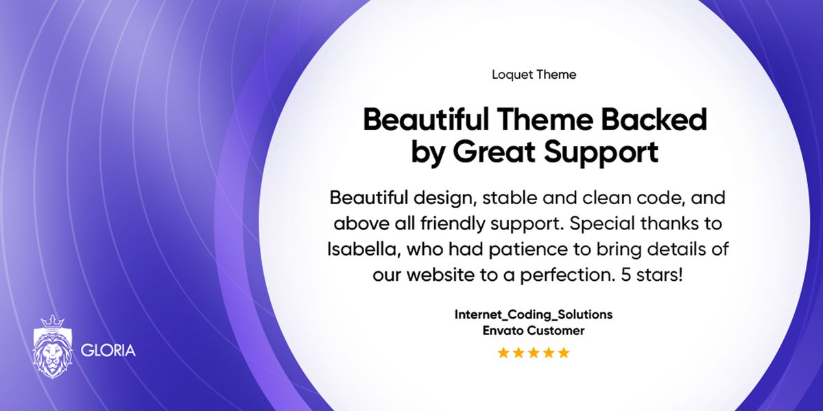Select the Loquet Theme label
tap(534, 75)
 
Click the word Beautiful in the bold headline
tap(422, 121)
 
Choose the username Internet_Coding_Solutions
tap(534, 315)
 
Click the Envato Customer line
tap(534, 331)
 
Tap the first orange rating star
tap(503, 353)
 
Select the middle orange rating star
tap(534, 353)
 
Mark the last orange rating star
tap(564, 353)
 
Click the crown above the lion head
tap(52, 322)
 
